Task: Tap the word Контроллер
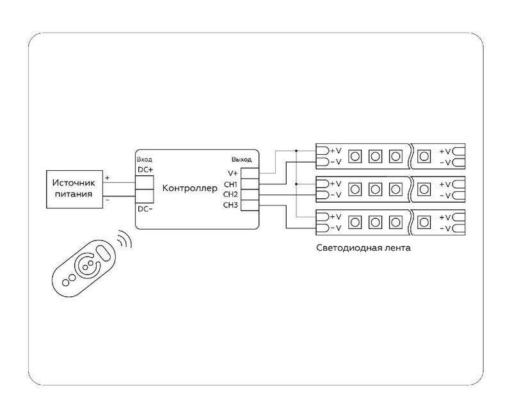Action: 191,188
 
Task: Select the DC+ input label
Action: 145,169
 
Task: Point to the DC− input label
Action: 145,210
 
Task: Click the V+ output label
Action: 232,173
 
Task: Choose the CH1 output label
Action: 230,184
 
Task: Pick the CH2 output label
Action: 230,194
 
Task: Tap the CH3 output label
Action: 230,205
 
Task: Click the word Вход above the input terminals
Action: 145,159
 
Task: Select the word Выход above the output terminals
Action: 241,159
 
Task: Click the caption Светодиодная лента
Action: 363,247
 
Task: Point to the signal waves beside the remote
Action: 124,242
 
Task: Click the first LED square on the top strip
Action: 356,156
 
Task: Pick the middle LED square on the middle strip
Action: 376,189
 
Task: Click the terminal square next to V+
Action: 249,173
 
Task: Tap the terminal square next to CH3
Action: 249,205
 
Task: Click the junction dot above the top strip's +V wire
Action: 296,151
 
